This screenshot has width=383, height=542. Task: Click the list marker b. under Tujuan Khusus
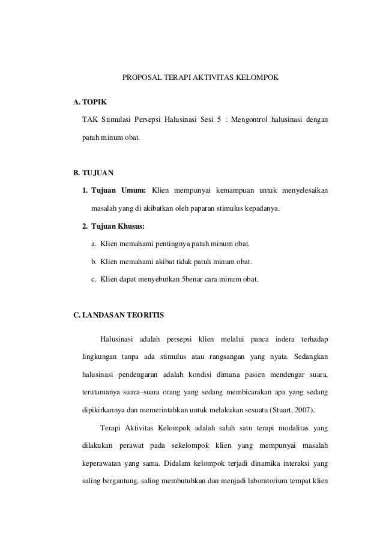pos(94,262)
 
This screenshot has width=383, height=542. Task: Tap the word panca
pos(253,340)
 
